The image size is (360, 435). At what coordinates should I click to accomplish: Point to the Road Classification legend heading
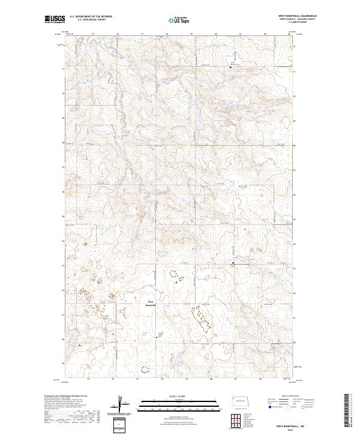tap(295, 397)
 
